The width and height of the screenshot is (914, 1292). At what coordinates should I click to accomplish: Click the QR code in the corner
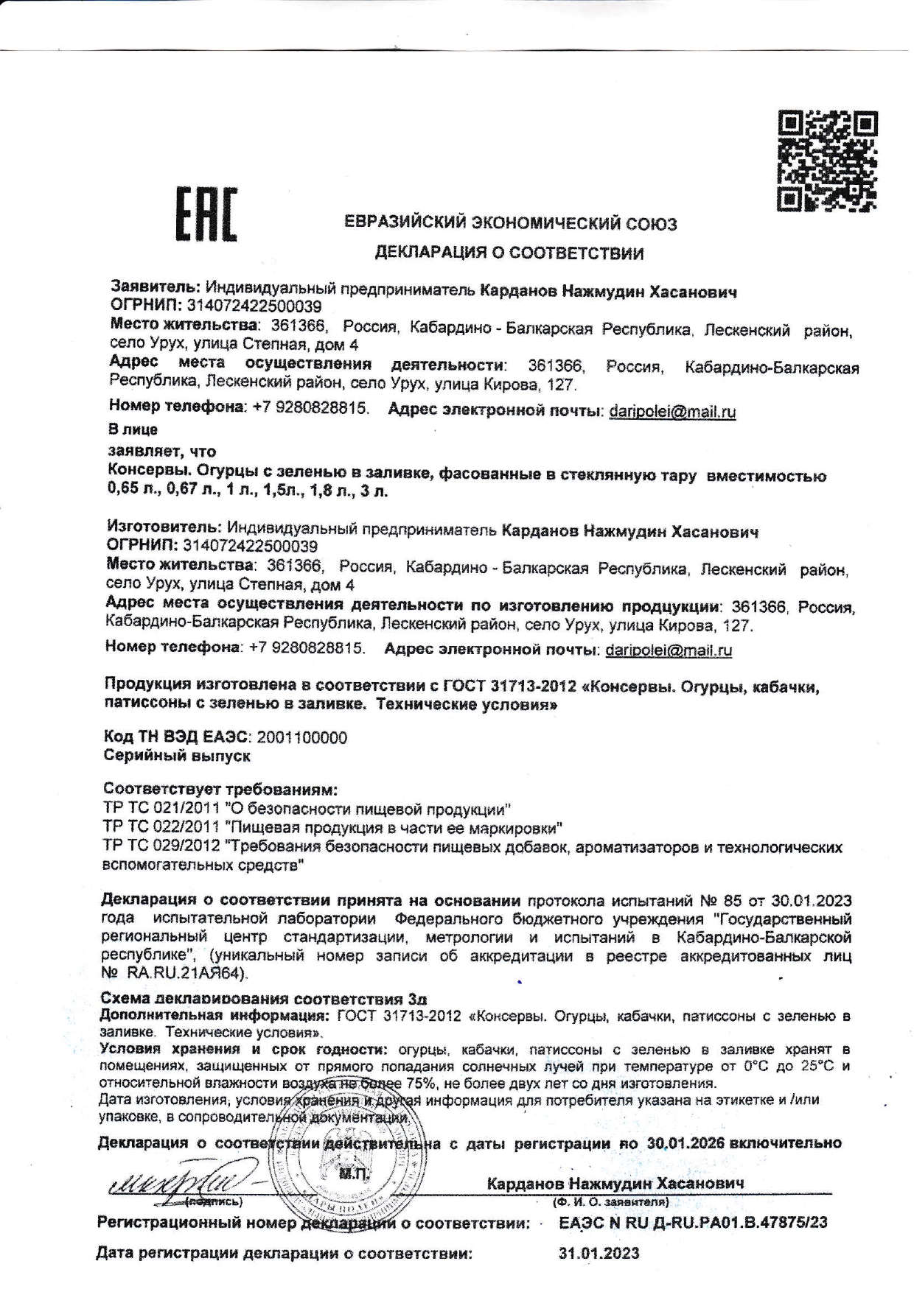827,161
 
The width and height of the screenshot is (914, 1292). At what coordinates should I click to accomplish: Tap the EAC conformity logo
206,215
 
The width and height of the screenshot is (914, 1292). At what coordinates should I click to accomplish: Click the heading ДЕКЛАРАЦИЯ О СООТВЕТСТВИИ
509,253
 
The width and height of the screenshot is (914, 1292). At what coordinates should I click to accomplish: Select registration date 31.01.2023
599,1253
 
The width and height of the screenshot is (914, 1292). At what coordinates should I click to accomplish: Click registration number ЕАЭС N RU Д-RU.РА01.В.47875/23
693,1223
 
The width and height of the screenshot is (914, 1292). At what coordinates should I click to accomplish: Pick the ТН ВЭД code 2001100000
300,737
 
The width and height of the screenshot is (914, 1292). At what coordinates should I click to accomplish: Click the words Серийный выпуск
177,756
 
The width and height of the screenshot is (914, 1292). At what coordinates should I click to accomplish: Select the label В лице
133,429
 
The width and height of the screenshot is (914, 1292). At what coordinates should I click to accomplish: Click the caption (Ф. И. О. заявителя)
611,1202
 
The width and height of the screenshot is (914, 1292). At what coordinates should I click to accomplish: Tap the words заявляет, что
162,450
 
